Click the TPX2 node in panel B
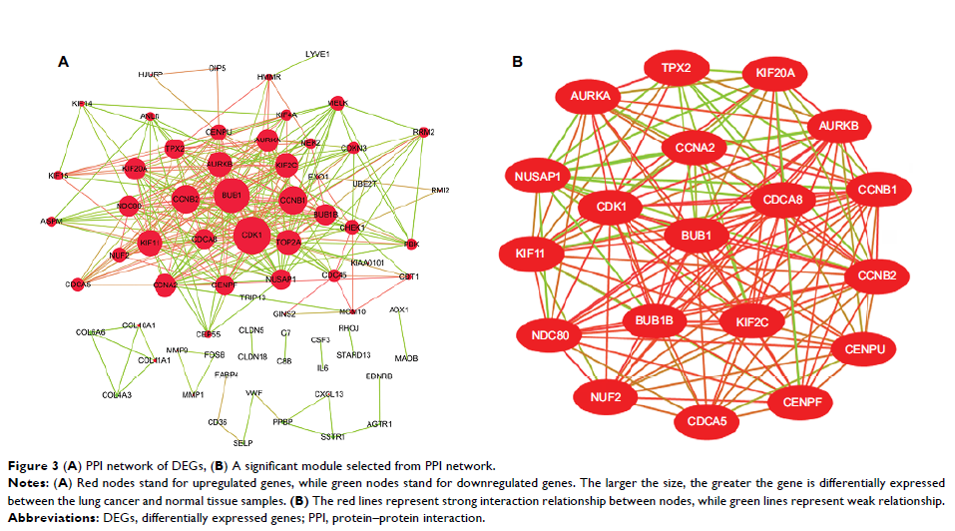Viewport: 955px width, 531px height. coord(684,69)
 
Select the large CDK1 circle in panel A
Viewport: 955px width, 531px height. coord(251,236)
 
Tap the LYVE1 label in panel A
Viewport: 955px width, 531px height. coord(317,55)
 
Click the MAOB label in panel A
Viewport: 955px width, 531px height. coord(405,356)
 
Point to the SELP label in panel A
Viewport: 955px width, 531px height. coord(243,442)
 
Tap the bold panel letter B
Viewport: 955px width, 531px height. coord(517,62)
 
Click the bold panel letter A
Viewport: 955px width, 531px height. coord(63,62)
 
